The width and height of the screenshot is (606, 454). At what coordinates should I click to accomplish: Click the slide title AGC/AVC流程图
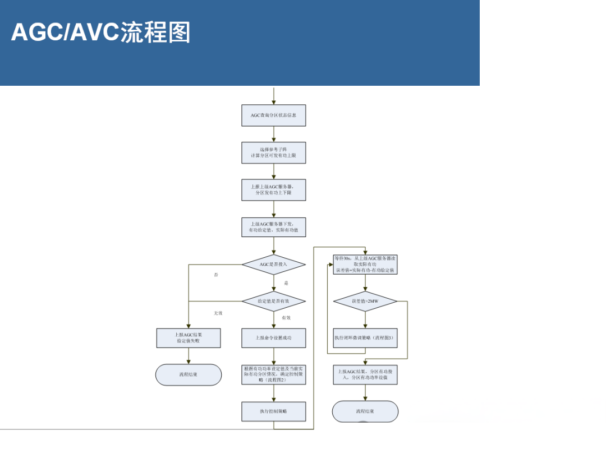pyautogui.click(x=101, y=32)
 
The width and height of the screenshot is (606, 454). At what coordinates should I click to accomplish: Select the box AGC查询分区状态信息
pyautogui.click(x=274, y=115)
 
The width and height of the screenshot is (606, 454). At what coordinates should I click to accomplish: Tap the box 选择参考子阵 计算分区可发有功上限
pyautogui.click(x=274, y=152)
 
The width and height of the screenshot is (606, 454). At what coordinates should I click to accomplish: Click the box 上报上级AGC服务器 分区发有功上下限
pyautogui.click(x=274, y=189)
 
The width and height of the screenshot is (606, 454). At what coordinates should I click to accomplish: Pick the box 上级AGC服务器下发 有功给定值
pyautogui.click(x=274, y=227)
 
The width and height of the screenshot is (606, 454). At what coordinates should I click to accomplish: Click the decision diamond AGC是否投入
pyautogui.click(x=274, y=264)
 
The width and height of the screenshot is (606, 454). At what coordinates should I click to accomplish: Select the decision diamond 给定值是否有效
pyautogui.click(x=274, y=301)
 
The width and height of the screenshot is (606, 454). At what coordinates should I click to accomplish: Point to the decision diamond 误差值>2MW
pyautogui.click(x=365, y=301)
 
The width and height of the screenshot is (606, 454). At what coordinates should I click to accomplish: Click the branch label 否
pyautogui.click(x=216, y=275)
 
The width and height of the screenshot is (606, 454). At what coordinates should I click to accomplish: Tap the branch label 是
pyautogui.click(x=286, y=284)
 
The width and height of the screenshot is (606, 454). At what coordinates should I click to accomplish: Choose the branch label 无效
pyautogui.click(x=218, y=313)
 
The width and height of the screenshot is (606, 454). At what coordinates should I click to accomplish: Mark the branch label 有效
pyautogui.click(x=286, y=318)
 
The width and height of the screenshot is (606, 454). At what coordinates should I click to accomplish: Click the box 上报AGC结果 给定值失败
pyautogui.click(x=188, y=338)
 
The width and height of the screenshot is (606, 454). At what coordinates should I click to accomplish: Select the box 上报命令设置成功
pyautogui.click(x=274, y=338)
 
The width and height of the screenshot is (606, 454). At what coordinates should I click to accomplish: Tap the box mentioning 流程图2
pyautogui.click(x=274, y=374)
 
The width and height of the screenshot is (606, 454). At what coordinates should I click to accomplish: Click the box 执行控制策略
pyautogui.click(x=274, y=411)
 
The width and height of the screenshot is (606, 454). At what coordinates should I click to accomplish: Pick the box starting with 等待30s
pyautogui.click(x=365, y=264)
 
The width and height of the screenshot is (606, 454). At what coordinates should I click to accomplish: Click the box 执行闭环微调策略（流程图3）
pyautogui.click(x=365, y=338)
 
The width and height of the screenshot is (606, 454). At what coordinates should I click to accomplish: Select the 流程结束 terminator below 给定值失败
pyautogui.click(x=188, y=374)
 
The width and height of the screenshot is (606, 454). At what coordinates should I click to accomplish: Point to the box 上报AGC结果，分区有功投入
pyautogui.click(x=365, y=374)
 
